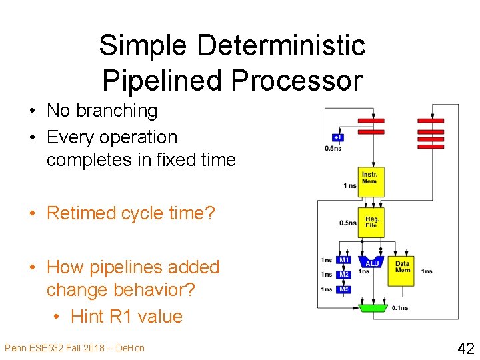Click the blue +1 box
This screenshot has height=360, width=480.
338,138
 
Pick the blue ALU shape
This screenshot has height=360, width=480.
372,263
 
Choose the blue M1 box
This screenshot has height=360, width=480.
343,260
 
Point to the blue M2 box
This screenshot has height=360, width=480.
343,274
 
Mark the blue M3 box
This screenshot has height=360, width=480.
343,289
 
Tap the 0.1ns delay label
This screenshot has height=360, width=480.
401,307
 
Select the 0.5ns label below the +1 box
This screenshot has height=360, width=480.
333,148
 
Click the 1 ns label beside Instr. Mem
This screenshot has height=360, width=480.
349,185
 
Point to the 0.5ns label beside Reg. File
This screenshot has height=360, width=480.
347,223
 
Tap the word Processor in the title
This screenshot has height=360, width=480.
297,80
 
